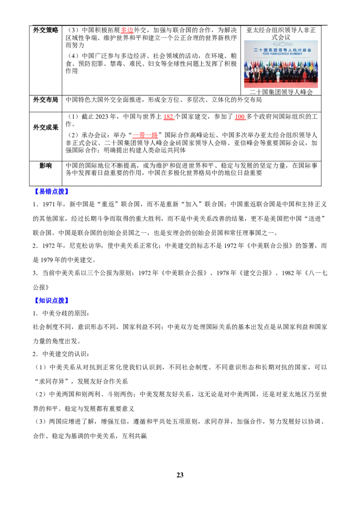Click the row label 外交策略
click(45, 30)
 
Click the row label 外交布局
click(45, 100)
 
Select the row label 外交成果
click(45, 127)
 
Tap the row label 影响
click(45, 165)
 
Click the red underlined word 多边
click(127, 30)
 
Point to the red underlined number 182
click(168, 117)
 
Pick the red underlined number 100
click(240, 117)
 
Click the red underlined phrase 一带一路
click(145, 135)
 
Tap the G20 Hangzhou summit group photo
click(281, 64)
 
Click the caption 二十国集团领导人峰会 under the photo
click(281, 92)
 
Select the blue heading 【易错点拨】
click(51, 192)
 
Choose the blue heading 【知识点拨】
click(51, 301)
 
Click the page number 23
click(180, 475)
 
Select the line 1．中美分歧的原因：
click(61, 313)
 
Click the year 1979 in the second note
click(47, 260)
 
